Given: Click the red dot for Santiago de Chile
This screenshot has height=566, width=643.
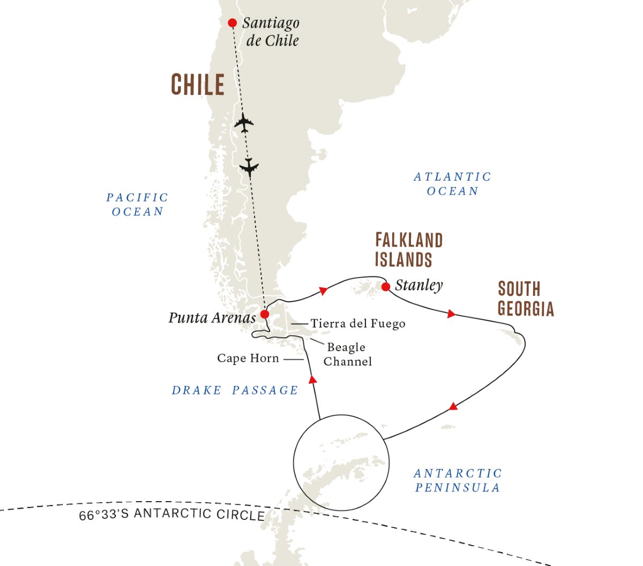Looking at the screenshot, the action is pos(233,23).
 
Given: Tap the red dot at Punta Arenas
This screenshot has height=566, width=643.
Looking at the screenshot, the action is pos(265,314).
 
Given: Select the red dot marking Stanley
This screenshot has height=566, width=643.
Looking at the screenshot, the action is pos(386,287).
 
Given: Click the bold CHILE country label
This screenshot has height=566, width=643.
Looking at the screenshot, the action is pos(198,85).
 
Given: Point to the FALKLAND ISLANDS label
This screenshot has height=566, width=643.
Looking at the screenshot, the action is pos(409,250).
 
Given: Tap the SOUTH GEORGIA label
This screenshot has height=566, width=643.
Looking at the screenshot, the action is pos(526,299).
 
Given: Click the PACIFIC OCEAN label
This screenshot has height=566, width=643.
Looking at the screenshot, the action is pos(137,204).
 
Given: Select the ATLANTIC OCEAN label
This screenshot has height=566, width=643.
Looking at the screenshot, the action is pos(452,184).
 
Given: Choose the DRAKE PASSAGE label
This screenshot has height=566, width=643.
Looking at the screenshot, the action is pos(235,390).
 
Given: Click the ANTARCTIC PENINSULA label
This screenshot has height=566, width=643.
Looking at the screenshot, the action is pos(458,480).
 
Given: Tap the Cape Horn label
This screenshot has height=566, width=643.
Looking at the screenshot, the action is pos(248,358).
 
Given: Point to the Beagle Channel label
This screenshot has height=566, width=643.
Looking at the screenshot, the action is pos(347,354).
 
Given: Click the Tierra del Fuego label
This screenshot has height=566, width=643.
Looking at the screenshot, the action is pos(358,324).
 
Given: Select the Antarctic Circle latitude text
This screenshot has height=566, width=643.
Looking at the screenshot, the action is pos(171,514).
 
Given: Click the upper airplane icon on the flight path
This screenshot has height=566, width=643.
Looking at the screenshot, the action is pos(244,123).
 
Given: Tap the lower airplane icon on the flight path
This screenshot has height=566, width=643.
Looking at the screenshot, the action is pos(249,167).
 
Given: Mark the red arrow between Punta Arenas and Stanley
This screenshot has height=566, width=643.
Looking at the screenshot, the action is pos(323,291).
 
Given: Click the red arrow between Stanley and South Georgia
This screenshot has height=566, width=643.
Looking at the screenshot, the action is pos(451,314).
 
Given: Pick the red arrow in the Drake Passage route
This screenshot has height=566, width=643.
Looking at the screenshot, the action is pos(313,379).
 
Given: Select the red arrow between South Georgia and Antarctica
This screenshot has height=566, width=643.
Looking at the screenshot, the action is pos(453,406).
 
